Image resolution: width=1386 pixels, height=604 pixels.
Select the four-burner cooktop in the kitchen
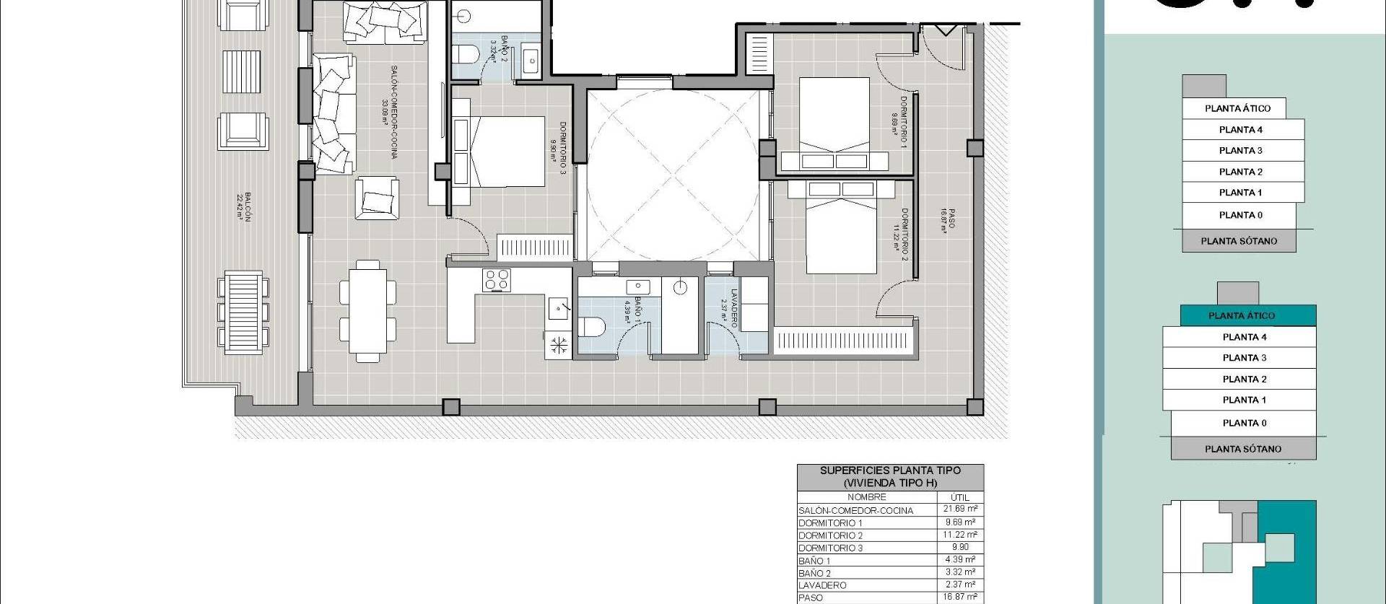point(497,280)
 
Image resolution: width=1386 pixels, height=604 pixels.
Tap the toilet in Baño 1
point(592,328)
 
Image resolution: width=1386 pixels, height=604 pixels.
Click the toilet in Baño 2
point(468,54)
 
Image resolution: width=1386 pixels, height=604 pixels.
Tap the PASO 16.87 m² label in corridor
point(947,221)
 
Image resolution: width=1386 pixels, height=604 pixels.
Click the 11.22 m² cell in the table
point(959,535)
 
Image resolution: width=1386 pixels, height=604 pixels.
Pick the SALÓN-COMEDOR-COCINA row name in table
point(855,510)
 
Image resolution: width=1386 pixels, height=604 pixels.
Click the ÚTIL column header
point(959,497)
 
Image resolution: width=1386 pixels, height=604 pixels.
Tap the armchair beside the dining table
point(377,198)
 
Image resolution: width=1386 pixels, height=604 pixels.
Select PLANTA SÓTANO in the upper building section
point(1239,241)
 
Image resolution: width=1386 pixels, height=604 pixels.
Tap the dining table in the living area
point(367,310)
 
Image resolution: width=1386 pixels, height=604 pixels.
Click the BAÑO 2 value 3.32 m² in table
point(959,572)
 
